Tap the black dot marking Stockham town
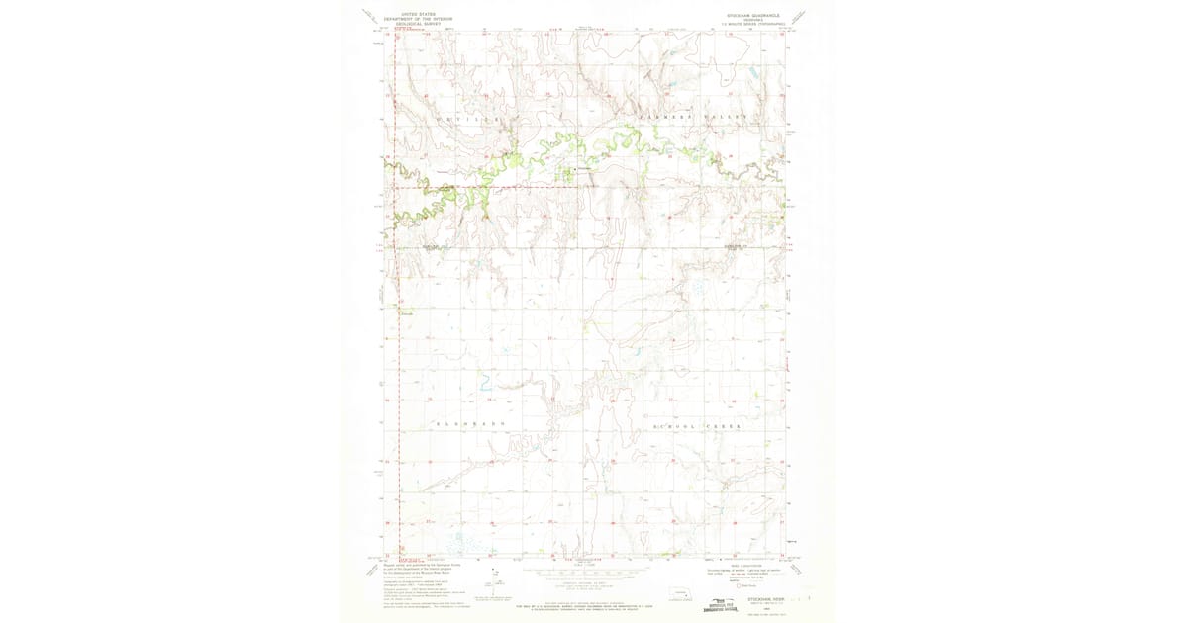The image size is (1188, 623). [578, 169]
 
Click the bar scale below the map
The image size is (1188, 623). [589, 571]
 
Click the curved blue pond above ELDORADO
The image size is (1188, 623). [486, 382]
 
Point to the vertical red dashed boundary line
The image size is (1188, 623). [397, 297]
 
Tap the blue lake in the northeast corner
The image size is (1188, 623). [752, 72]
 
